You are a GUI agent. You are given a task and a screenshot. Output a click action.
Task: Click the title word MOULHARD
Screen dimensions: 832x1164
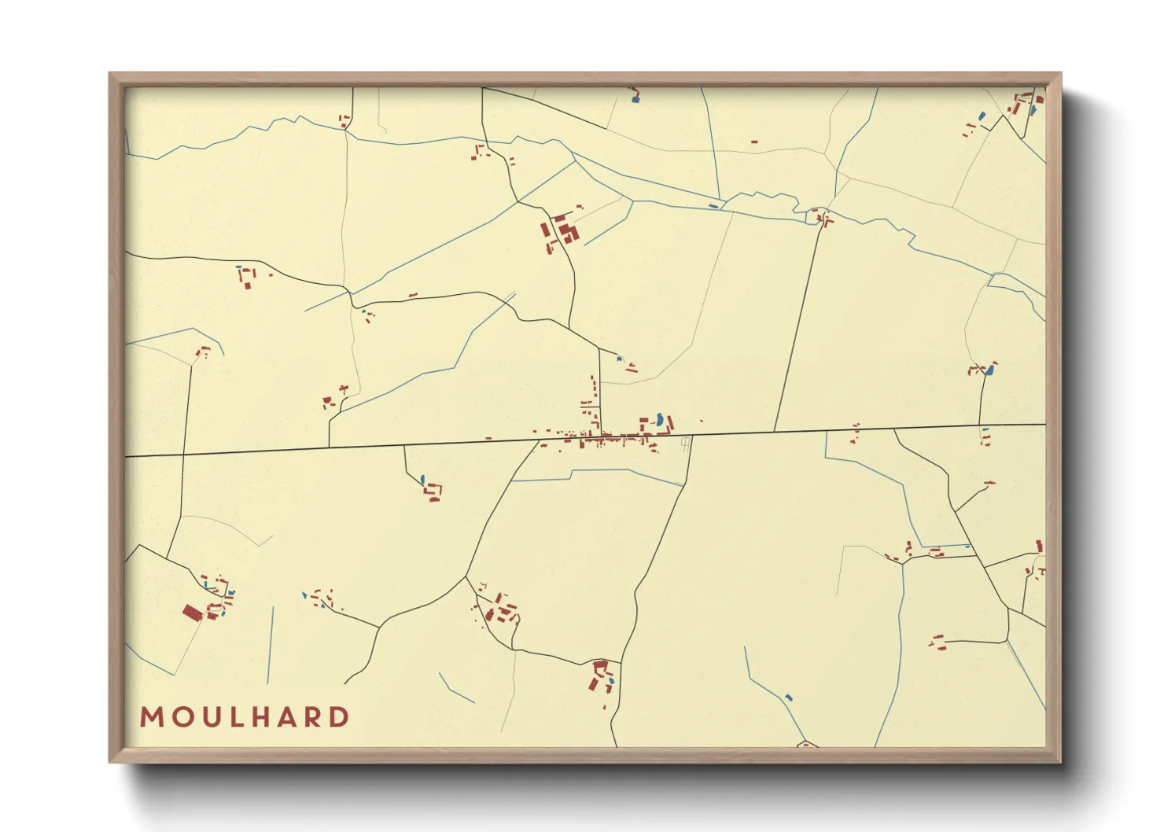click(245, 717)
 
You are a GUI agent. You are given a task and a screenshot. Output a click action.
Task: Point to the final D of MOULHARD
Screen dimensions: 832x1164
click(340, 717)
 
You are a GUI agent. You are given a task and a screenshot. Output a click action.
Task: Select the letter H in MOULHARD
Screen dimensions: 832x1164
click(261, 717)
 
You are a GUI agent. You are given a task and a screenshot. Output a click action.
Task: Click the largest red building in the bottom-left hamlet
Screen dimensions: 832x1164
click(192, 612)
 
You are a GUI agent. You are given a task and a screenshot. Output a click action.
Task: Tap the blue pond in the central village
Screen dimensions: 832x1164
click(659, 419)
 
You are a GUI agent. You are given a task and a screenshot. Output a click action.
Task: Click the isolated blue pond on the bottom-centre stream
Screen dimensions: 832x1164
click(789, 697)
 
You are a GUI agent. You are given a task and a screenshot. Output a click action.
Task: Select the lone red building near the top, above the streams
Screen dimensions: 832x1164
click(754, 142)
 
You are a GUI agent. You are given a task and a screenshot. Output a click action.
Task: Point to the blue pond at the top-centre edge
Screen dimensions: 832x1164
click(635, 98)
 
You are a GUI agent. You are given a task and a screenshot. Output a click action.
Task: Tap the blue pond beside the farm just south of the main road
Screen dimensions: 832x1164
click(422, 479)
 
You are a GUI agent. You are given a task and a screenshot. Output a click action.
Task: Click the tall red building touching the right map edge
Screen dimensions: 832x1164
click(1039, 546)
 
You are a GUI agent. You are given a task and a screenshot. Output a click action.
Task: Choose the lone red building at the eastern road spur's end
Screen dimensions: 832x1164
click(989, 482)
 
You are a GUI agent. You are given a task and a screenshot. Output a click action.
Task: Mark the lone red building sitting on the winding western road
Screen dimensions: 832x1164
click(412, 295)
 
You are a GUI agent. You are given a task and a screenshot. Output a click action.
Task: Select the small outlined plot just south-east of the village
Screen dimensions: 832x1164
click(686, 443)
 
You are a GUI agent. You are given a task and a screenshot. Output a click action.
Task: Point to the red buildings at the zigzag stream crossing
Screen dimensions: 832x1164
click(823, 218)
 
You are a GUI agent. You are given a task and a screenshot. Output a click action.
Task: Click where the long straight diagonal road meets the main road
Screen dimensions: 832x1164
click(775, 432)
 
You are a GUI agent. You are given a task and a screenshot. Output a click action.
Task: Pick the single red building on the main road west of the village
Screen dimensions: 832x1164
click(488, 438)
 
